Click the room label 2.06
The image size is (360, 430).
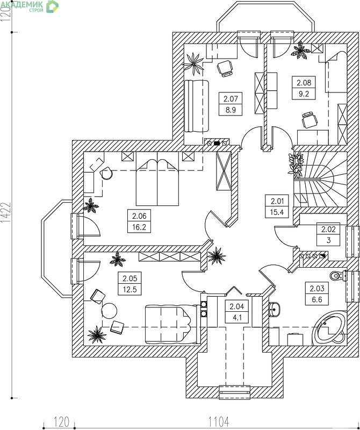(139, 216)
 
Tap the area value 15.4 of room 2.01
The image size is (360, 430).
(277, 212)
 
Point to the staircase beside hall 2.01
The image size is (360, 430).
(320, 180)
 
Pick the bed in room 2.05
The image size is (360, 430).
(171, 325)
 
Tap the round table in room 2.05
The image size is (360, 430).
(109, 311)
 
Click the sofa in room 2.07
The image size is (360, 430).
(196, 106)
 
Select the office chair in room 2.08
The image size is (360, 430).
(309, 120)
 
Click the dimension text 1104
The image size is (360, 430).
(219, 421)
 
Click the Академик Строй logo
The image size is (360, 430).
(30, 6)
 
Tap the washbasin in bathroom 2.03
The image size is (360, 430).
(275, 310)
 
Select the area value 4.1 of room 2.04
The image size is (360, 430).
(236, 318)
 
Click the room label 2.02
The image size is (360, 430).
(328, 229)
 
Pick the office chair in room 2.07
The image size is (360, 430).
(225, 69)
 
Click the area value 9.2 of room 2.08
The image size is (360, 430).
(304, 94)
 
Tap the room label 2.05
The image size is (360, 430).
(129, 278)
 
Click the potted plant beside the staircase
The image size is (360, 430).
(296, 165)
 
